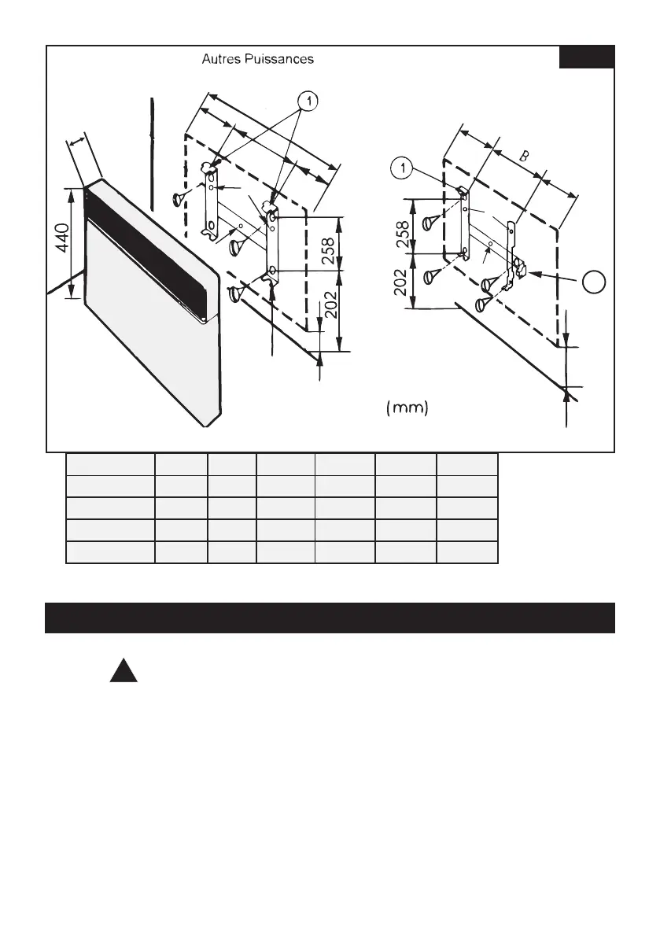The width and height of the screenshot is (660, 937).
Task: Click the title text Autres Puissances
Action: pyautogui.click(x=258, y=59)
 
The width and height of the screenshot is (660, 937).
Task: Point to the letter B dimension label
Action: pyautogui.click(x=525, y=157)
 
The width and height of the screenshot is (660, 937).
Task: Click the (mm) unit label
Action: pyautogui.click(x=407, y=408)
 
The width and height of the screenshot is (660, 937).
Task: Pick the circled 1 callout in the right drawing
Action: pyautogui.click(x=401, y=168)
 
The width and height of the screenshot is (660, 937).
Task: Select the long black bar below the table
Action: pyautogui.click(x=330, y=618)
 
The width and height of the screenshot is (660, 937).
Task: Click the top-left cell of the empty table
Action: pyautogui.click(x=109, y=463)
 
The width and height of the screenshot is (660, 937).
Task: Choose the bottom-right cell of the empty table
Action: pyautogui.click(x=467, y=552)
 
